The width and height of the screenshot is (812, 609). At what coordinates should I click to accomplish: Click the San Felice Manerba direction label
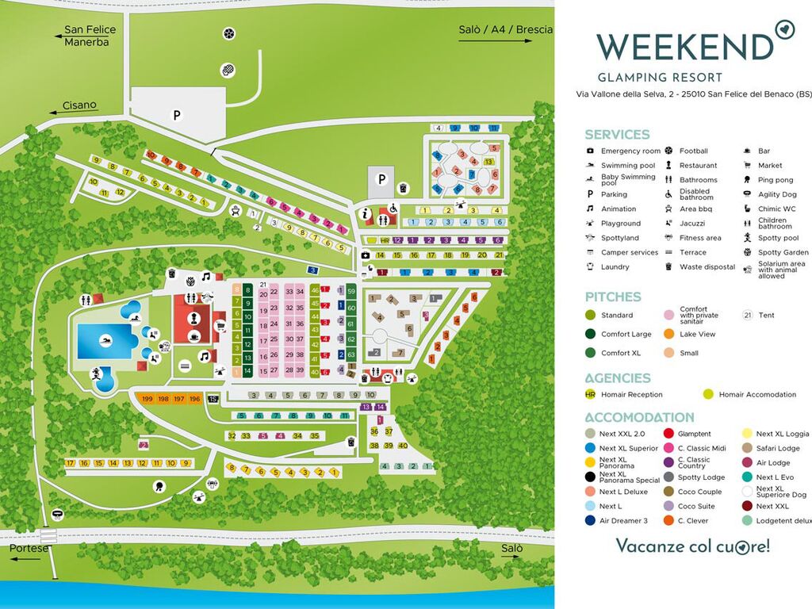[x=90, y=35]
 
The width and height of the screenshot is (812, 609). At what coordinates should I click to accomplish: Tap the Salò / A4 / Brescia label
[x=505, y=30]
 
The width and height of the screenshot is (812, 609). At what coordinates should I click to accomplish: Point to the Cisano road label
[x=79, y=105]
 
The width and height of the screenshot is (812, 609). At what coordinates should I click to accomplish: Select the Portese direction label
[x=29, y=548]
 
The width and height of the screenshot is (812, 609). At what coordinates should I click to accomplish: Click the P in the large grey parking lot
[x=177, y=116]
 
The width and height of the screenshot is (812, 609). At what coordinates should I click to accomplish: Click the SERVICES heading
[x=617, y=134]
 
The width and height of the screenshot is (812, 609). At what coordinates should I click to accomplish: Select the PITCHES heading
[x=613, y=297]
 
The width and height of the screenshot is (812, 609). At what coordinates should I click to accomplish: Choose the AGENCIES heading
[x=618, y=378]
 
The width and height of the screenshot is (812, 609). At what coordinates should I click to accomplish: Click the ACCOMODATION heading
[x=639, y=417]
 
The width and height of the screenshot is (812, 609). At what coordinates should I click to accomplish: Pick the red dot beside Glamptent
[x=668, y=434]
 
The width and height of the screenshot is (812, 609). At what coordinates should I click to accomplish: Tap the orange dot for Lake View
[x=668, y=334]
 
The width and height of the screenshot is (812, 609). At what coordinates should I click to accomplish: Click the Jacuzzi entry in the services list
[x=691, y=224]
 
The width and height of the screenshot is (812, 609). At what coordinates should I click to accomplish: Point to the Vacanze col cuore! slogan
[x=692, y=546]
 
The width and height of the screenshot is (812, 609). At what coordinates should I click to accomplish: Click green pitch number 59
[x=350, y=292]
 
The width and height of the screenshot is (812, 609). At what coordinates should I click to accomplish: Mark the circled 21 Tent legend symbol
[x=746, y=316]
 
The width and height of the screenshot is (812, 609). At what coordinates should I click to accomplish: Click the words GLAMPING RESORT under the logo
[x=659, y=78]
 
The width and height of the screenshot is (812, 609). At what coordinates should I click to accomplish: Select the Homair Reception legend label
[x=631, y=394]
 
